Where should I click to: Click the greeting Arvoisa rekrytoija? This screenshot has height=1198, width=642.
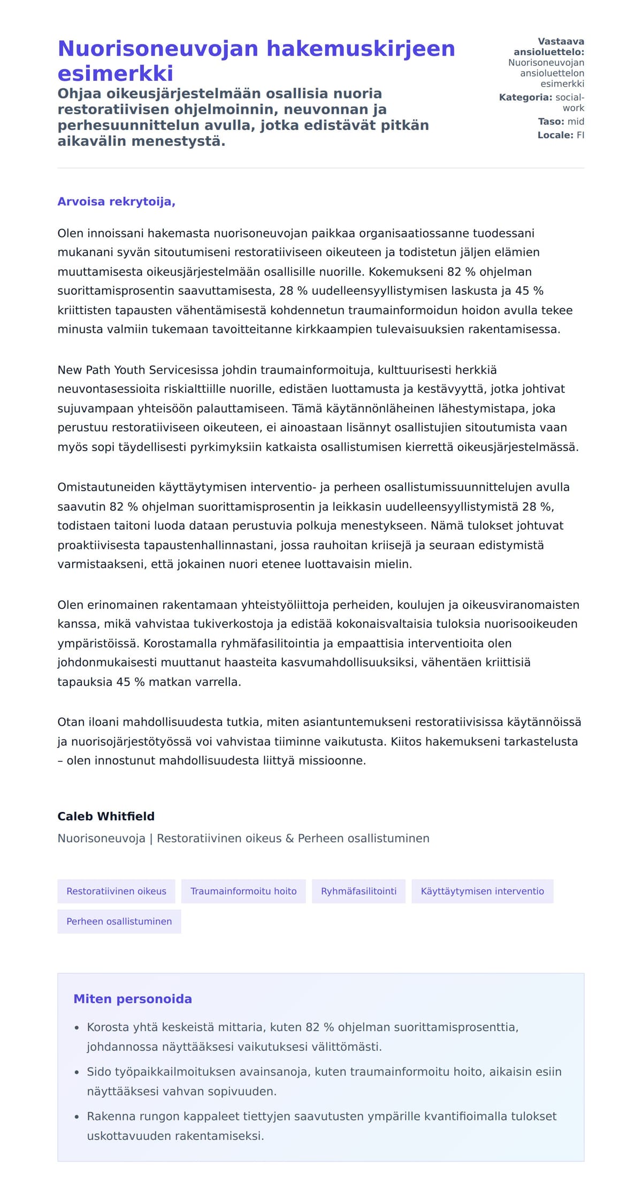(x=116, y=202)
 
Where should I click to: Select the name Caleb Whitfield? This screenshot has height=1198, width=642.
(x=106, y=816)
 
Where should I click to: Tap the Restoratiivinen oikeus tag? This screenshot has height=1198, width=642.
(x=116, y=891)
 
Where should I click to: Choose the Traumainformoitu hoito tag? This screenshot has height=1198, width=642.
(x=243, y=891)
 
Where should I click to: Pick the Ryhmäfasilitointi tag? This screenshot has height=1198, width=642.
(x=358, y=891)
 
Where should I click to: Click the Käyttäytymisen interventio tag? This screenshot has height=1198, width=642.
(x=482, y=891)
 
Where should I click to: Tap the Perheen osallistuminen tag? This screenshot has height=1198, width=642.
(x=119, y=921)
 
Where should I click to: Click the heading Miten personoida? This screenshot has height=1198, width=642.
(x=133, y=999)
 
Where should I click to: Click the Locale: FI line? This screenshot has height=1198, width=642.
(x=561, y=135)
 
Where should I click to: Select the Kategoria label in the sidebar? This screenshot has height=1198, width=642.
(x=525, y=97)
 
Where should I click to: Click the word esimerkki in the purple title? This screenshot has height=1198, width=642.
(x=116, y=73)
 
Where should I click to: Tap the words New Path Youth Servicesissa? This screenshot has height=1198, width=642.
(x=137, y=370)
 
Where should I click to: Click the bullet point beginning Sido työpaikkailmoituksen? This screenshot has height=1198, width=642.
(x=324, y=1072)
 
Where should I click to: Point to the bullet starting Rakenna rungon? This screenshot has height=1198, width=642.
(x=321, y=1116)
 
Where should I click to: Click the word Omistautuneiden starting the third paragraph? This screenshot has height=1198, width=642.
(x=106, y=487)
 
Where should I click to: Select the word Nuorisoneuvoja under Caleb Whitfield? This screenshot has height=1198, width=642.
(x=101, y=838)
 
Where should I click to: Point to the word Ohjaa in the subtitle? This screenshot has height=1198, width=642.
(x=80, y=94)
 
